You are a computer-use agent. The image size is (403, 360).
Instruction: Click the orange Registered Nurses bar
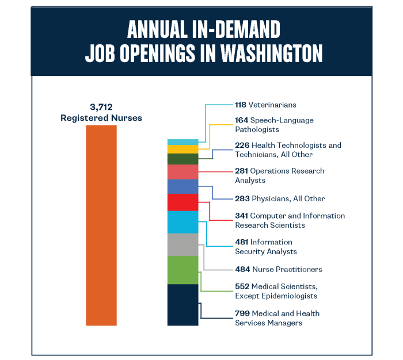click(101, 225)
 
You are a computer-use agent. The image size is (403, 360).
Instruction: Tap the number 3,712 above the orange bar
click(101, 108)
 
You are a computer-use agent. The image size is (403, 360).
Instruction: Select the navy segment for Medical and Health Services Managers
click(183, 305)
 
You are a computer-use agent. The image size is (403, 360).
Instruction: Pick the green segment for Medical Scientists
click(183, 270)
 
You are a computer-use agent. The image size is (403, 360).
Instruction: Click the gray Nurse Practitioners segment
click(183, 244)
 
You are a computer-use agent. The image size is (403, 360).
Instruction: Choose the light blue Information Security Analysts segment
click(183, 222)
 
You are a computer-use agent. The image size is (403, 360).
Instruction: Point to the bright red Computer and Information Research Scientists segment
click(183, 202)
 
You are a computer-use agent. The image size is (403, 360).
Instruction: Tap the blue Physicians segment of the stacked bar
click(183, 187)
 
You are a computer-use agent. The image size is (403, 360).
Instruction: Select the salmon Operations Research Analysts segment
click(183, 172)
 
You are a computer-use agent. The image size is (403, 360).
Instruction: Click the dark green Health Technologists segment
click(183, 159)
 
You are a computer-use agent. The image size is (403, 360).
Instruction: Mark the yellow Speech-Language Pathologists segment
click(183, 149)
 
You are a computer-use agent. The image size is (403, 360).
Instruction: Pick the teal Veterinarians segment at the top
click(183, 141)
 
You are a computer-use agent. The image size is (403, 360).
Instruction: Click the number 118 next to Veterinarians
click(241, 105)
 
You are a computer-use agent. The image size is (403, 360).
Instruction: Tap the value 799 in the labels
click(242, 313)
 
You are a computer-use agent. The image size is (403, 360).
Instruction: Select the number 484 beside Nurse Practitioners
click(242, 269)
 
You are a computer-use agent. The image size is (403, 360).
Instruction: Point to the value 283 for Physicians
click(242, 199)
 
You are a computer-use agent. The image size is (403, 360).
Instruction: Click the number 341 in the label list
click(242, 216)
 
